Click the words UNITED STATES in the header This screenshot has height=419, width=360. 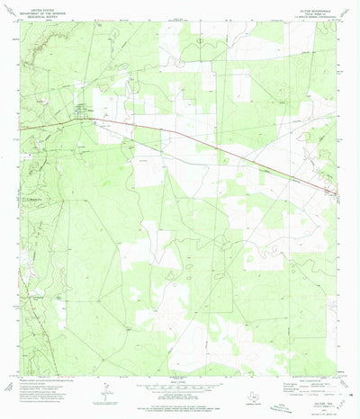coord(43,5)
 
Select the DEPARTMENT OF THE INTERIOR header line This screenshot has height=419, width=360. coord(43,9)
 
